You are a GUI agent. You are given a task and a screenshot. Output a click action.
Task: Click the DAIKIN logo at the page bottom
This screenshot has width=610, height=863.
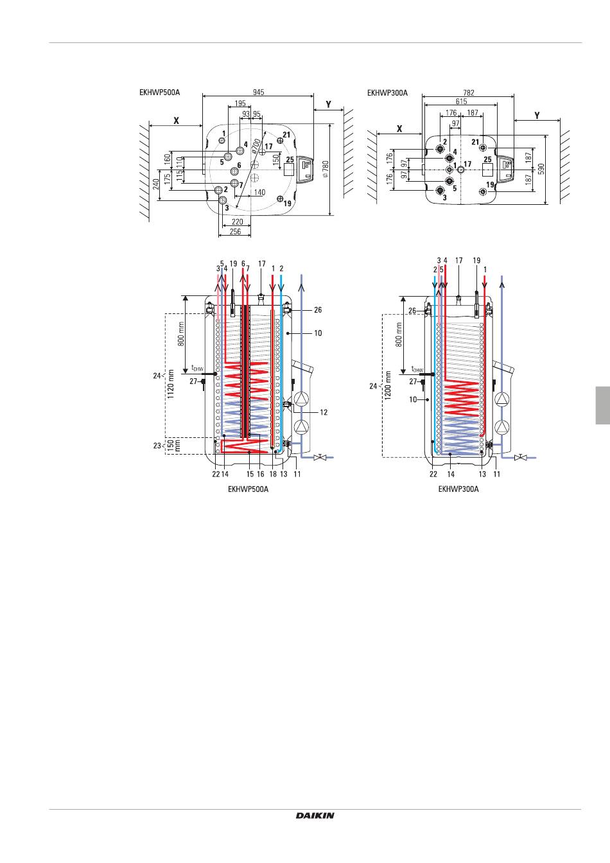point(315,815)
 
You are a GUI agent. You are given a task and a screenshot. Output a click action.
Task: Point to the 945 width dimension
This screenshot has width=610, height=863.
point(258,92)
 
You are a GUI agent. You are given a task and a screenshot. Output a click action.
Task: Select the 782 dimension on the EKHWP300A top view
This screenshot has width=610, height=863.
point(469,93)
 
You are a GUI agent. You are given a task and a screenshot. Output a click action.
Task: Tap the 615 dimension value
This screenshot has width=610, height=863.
point(461,101)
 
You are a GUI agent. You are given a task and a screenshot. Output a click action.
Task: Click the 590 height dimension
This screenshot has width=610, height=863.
point(541,170)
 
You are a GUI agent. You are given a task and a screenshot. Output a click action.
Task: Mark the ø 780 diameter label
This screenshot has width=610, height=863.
point(326,169)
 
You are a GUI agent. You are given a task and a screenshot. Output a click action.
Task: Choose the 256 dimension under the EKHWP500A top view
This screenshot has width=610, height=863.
point(235,232)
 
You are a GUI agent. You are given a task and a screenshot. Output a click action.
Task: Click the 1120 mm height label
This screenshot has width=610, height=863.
point(171,384)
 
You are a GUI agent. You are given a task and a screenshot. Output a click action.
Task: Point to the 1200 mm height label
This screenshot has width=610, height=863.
point(388,385)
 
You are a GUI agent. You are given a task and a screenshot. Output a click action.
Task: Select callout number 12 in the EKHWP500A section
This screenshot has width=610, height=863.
point(324,412)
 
